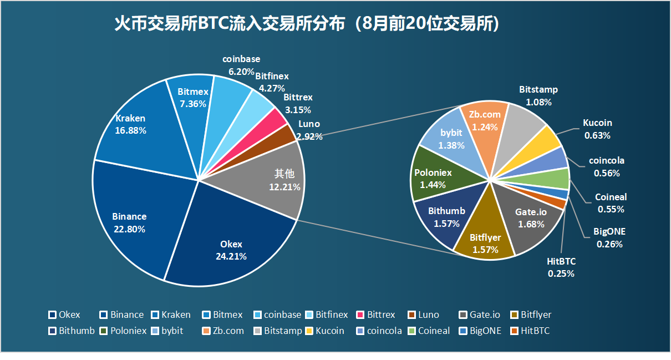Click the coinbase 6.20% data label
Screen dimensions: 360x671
[x=241, y=65]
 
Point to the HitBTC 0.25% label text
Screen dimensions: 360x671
[x=561, y=267]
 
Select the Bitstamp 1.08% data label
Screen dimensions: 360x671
[x=538, y=95]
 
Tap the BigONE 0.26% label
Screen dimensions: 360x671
[x=609, y=237]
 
